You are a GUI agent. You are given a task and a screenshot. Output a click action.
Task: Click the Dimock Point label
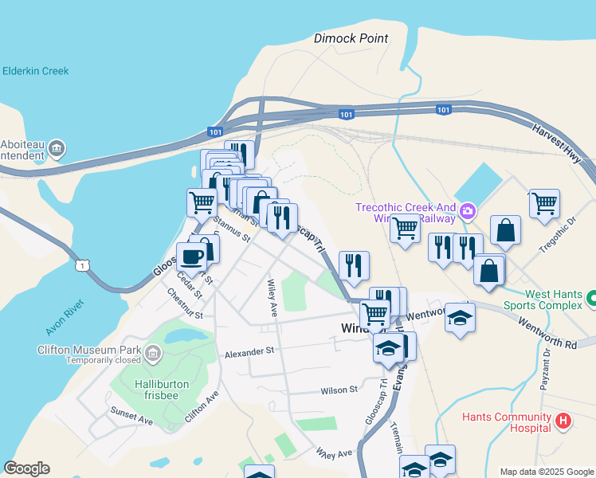point(351,38)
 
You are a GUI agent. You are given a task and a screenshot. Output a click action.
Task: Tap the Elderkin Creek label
point(35,71)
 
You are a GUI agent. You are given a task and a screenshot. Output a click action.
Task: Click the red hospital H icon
point(563,420)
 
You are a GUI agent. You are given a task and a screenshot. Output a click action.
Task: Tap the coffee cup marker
point(191,257)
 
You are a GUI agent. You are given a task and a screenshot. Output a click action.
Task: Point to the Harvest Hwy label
point(562,145)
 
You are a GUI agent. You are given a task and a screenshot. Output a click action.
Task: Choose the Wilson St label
point(339,390)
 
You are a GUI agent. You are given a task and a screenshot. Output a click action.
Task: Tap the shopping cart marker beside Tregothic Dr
point(544,203)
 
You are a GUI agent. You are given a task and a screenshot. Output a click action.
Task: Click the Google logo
point(26,468)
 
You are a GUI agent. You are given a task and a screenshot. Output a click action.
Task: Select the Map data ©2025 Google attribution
point(546,472)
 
